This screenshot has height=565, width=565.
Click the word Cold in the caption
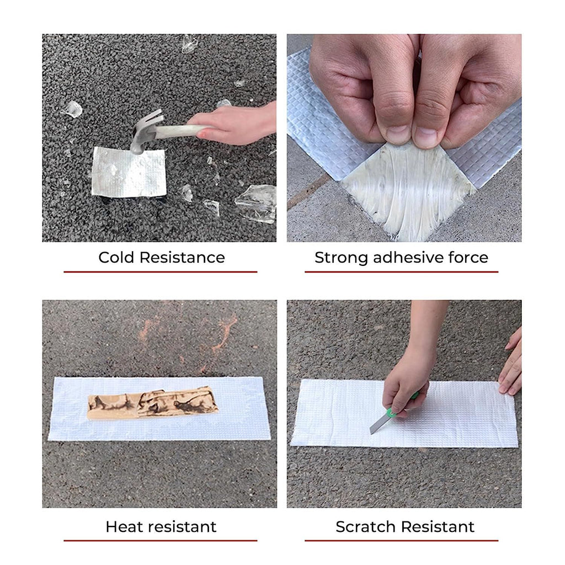point(117,258)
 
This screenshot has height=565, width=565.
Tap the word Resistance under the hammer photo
point(182,258)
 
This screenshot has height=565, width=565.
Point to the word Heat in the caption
point(124,527)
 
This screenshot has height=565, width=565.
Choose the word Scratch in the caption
point(365,527)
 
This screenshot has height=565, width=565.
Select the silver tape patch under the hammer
point(129,172)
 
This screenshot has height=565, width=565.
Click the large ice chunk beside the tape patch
point(257,204)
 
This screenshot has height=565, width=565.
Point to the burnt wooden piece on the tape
point(152,402)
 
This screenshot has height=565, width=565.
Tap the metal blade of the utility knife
point(378,423)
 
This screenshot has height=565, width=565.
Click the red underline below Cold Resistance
point(161,271)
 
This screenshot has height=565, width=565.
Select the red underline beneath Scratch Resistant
point(402,541)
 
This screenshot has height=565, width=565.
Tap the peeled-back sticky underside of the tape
point(409,191)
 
